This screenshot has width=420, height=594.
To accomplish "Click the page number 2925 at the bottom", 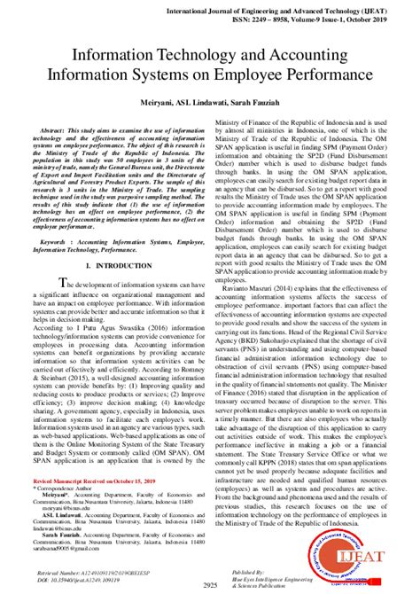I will pos(209,585).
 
